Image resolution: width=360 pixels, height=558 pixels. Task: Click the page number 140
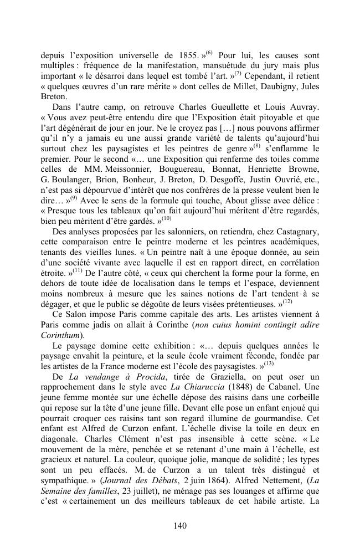[180, 526]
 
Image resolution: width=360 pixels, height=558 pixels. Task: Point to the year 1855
[187, 56]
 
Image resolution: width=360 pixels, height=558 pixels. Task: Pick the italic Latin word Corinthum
[61, 335]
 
